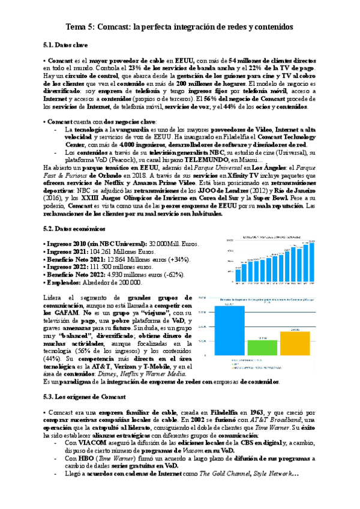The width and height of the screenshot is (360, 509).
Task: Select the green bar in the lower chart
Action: point(259,347)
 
